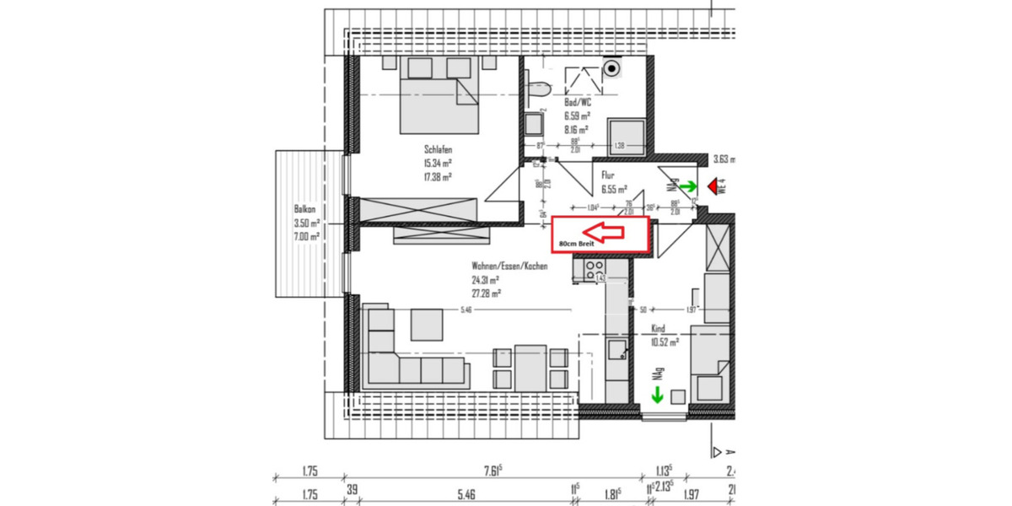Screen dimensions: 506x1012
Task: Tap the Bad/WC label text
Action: click(x=578, y=102)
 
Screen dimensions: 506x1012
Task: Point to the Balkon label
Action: click(x=304, y=210)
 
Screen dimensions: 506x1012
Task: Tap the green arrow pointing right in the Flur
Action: click(x=689, y=186)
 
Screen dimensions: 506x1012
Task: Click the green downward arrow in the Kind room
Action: click(x=657, y=394)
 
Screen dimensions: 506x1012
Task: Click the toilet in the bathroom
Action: click(x=536, y=85)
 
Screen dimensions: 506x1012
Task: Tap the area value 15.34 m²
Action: click(x=439, y=164)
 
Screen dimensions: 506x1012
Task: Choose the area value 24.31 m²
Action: click(x=486, y=280)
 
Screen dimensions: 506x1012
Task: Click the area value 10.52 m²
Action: click(x=665, y=342)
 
